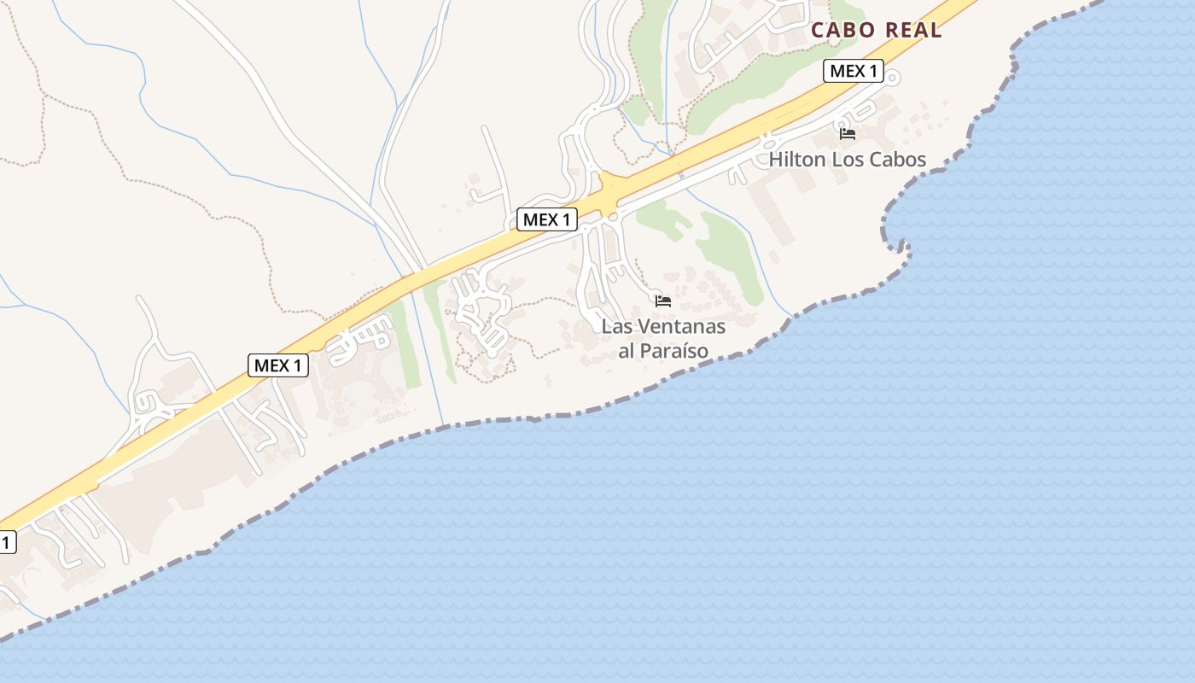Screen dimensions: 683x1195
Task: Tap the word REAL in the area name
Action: click(x=913, y=30)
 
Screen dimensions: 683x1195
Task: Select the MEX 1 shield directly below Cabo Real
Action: click(x=853, y=71)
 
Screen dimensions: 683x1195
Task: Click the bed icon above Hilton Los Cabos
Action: click(x=848, y=133)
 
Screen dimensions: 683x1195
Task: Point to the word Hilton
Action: click(x=798, y=160)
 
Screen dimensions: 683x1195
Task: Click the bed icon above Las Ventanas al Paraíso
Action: click(x=663, y=301)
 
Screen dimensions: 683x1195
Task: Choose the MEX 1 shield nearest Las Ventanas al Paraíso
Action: click(x=547, y=219)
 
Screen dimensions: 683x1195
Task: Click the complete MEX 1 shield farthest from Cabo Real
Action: click(x=278, y=365)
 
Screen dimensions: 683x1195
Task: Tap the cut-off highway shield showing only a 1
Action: click(x=7, y=542)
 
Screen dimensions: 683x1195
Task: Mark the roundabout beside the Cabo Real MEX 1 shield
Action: click(x=893, y=79)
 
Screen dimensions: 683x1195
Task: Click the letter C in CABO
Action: click(x=818, y=30)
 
